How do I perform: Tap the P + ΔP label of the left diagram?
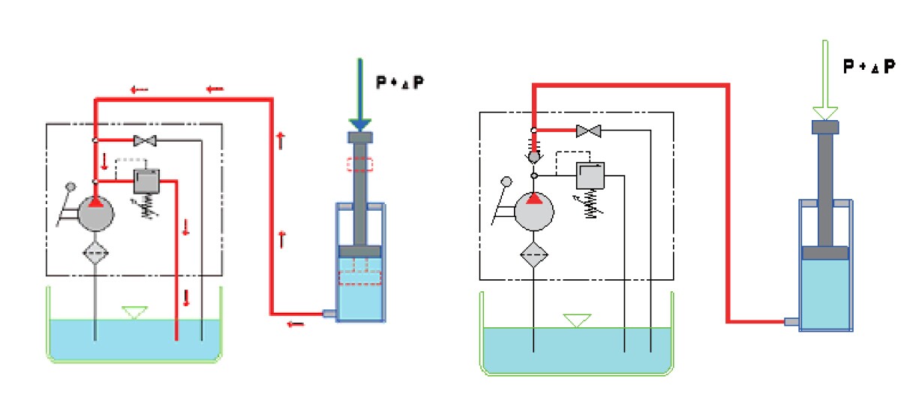point(400,82)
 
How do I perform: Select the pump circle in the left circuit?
point(97,213)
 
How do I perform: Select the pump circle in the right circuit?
point(535,212)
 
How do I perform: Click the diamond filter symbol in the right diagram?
point(535,254)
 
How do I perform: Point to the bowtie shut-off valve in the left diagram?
point(143,140)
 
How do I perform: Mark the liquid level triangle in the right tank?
point(575,320)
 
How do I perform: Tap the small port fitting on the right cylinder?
point(792,322)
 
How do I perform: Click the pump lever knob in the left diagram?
point(72,187)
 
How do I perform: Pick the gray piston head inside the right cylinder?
point(825,253)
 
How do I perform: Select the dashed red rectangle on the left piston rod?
point(359,164)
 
